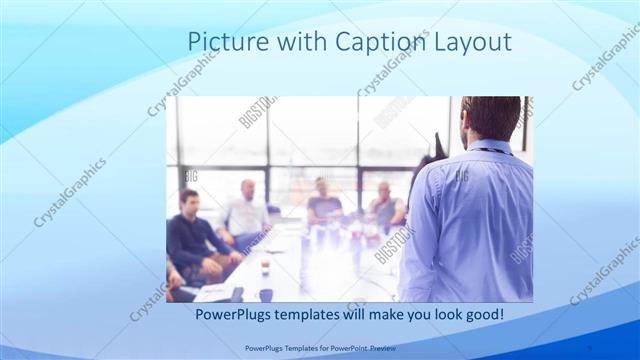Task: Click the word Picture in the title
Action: point(222,43)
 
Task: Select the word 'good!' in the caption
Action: point(483,315)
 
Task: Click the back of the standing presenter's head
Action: point(492,116)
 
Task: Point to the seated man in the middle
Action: point(322,203)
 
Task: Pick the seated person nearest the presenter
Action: point(385,203)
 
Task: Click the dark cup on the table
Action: point(266,295)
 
